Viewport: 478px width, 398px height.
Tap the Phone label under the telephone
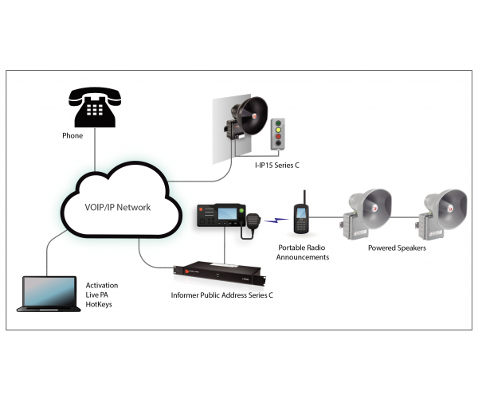(72, 136)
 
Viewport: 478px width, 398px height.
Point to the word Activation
(102, 285)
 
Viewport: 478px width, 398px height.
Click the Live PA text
(96, 295)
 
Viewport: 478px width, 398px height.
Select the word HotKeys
(99, 305)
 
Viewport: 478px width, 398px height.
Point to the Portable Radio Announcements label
(302, 252)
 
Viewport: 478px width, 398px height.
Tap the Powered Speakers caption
(397, 248)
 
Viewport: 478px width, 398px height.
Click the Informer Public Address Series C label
(222, 295)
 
